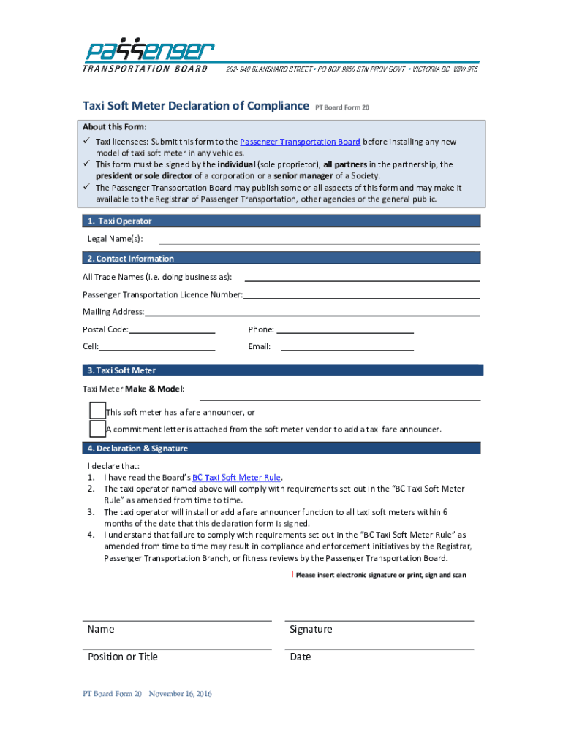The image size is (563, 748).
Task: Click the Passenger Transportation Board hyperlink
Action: click(300, 142)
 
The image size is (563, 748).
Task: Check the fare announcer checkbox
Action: click(97, 411)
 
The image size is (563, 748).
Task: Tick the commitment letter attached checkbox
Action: click(97, 429)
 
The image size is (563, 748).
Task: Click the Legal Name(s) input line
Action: click(319, 240)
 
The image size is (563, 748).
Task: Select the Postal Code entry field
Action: click(172, 329)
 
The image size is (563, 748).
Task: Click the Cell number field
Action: click(156, 347)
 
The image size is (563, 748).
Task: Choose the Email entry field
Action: click(347, 347)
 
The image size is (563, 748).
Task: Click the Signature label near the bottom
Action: click(311, 630)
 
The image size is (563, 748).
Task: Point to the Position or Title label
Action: click(122, 657)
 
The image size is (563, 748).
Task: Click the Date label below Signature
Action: click(300, 657)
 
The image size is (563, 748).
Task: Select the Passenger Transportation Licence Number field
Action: click(361, 295)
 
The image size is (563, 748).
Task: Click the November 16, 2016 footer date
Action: click(180, 694)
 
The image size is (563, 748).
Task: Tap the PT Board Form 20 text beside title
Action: click(341, 108)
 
